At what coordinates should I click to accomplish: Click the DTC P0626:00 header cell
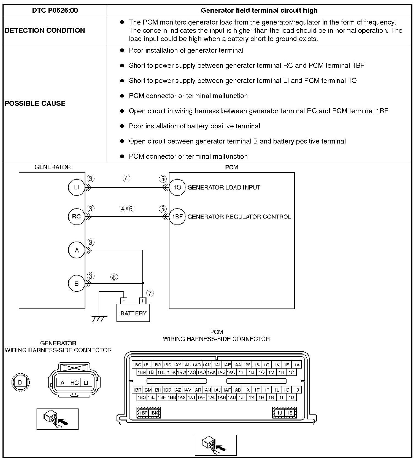(x=55, y=10)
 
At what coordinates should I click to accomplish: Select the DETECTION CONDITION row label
(x=45, y=30)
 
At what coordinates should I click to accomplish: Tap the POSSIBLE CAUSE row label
(x=35, y=103)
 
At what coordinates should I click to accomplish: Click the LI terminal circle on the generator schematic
(x=76, y=187)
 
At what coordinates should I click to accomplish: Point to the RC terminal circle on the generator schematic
(x=76, y=217)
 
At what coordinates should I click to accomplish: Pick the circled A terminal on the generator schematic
(x=76, y=250)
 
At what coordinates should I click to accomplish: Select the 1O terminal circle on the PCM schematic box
(x=177, y=187)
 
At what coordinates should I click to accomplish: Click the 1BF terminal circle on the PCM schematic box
(x=177, y=217)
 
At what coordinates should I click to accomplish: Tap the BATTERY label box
(x=133, y=313)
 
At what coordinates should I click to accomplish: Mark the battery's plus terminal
(x=142, y=301)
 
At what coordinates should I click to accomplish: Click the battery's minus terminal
(x=124, y=301)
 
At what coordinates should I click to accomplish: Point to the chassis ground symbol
(x=99, y=319)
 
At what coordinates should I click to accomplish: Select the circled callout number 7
(x=150, y=293)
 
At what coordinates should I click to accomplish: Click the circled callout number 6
(x=131, y=209)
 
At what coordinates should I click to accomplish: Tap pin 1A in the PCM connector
(x=297, y=365)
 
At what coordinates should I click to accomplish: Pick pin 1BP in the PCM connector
(x=144, y=413)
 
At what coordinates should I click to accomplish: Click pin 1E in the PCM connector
(x=289, y=413)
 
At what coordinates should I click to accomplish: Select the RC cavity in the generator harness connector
(x=74, y=383)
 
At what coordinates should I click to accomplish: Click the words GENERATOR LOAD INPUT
(x=224, y=188)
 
